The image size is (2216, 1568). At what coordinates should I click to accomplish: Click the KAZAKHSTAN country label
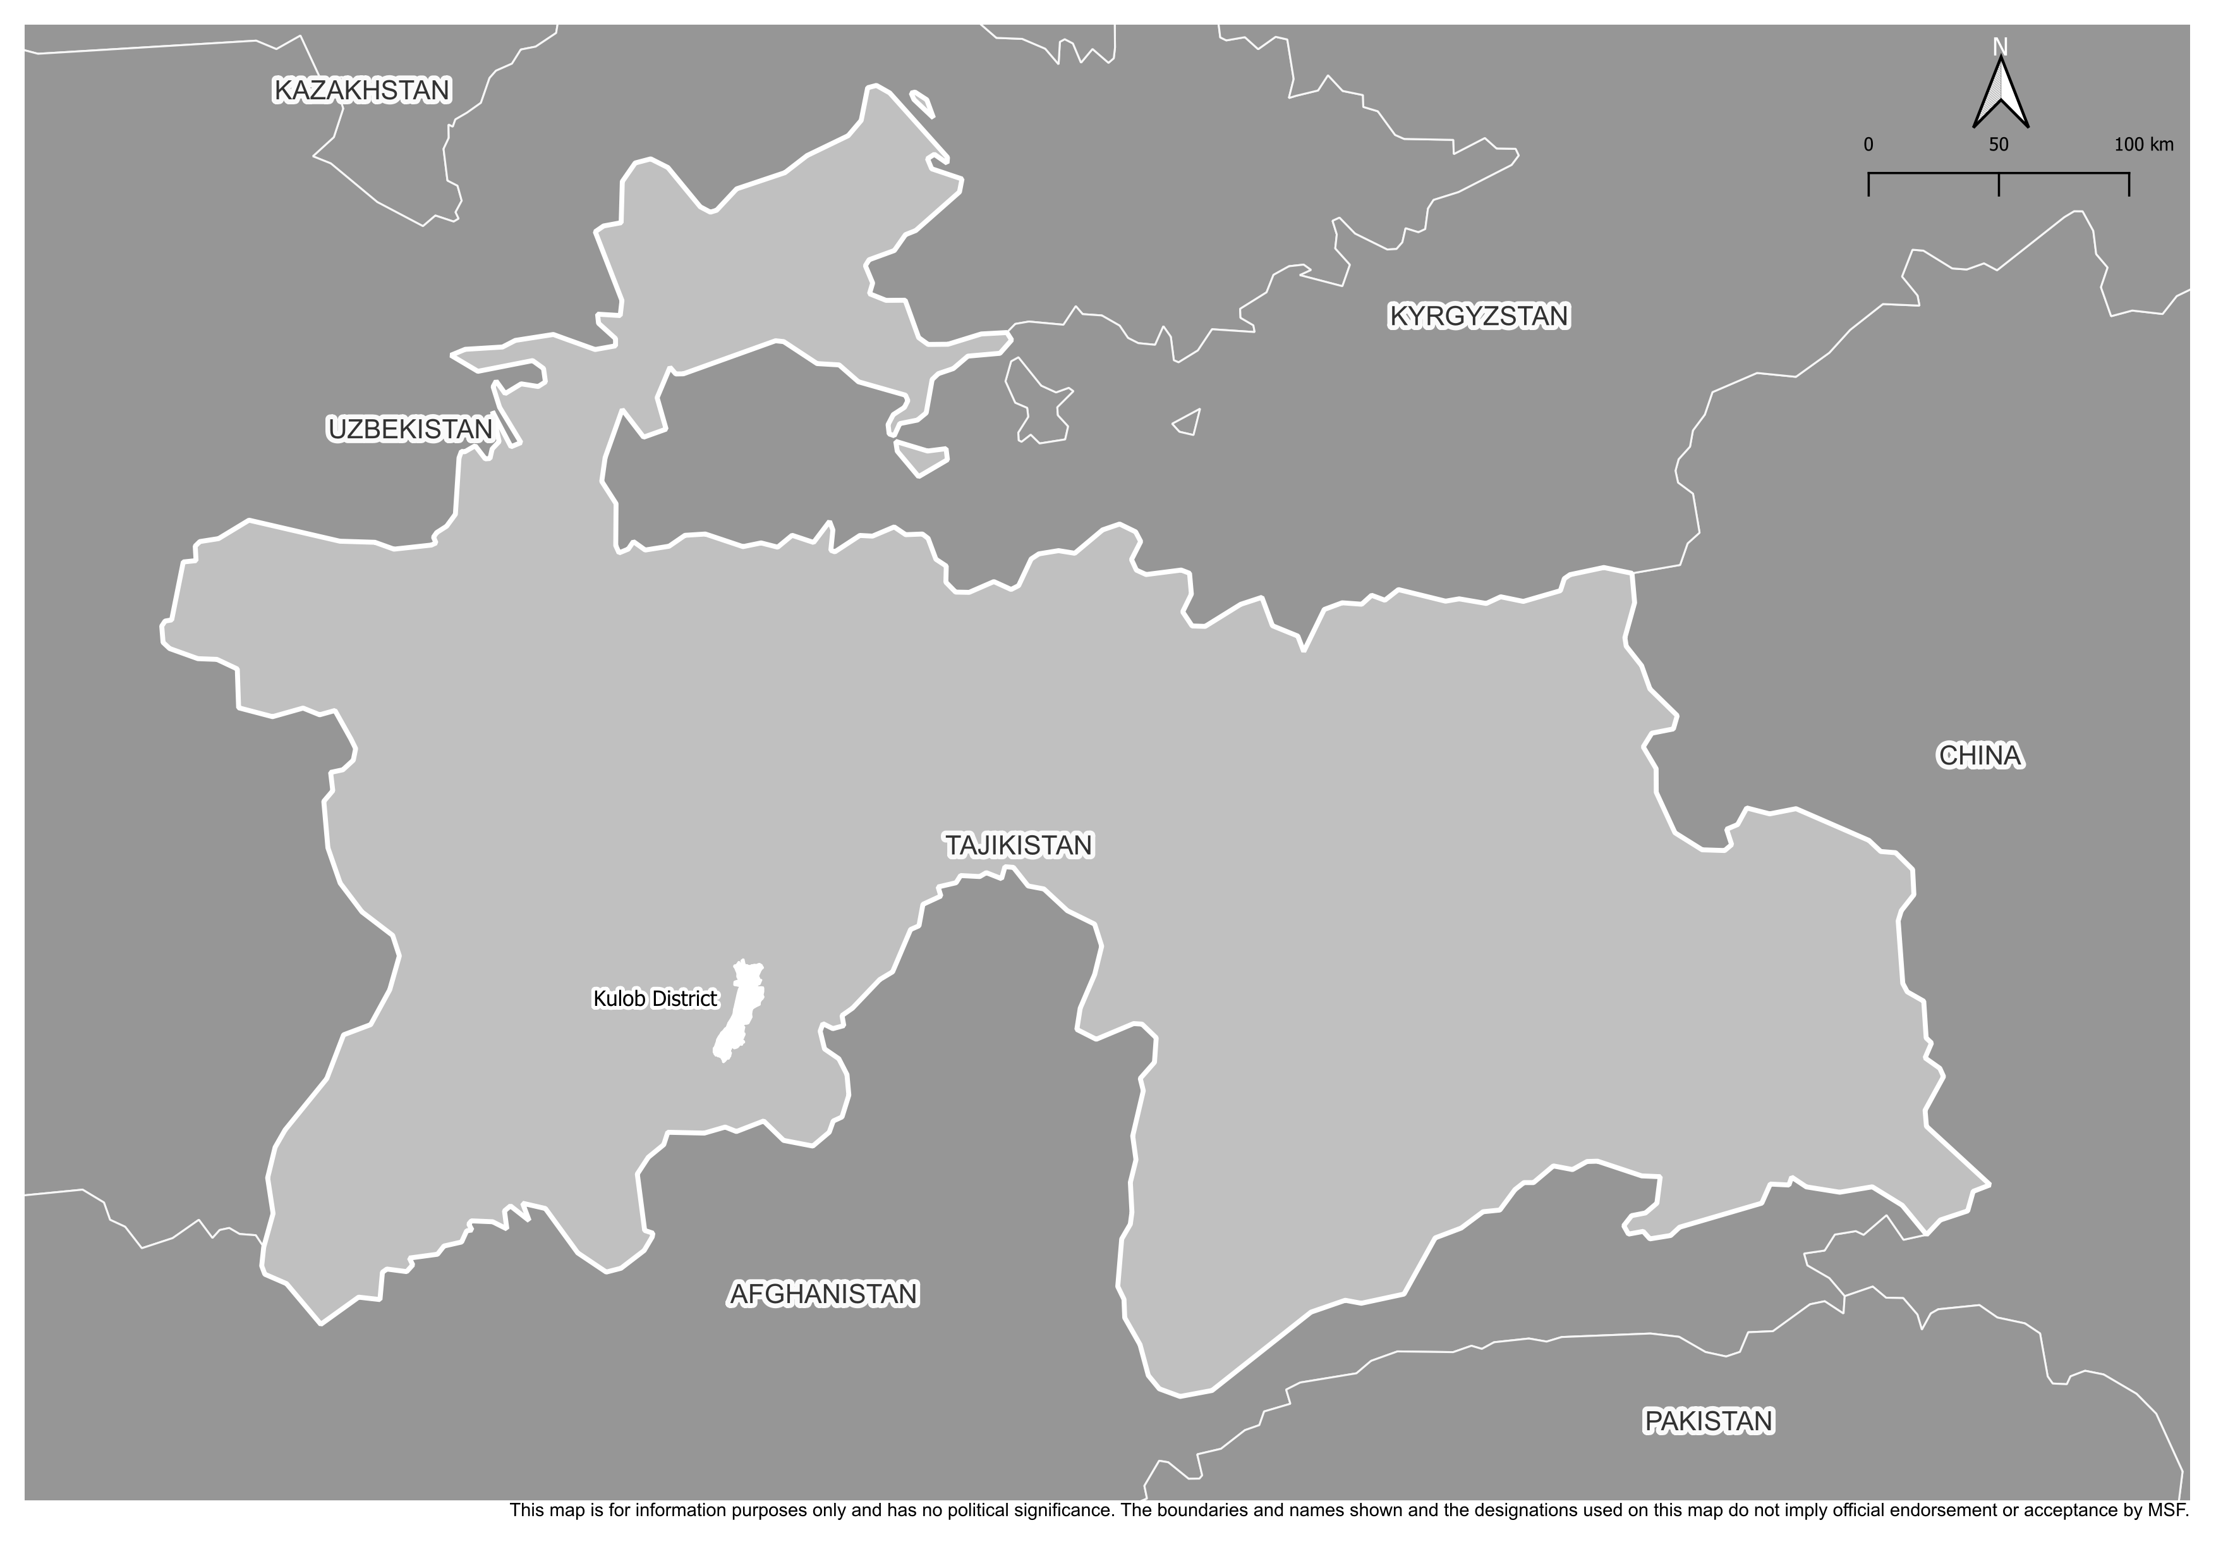point(362,90)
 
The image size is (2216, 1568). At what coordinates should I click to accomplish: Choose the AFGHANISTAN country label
point(823,1294)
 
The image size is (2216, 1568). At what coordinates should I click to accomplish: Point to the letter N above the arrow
point(2001,46)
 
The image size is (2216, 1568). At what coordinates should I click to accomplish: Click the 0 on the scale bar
point(1868,145)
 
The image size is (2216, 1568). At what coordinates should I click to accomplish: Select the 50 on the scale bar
point(1999,145)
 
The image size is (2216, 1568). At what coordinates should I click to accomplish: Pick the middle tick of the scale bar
point(1999,183)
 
